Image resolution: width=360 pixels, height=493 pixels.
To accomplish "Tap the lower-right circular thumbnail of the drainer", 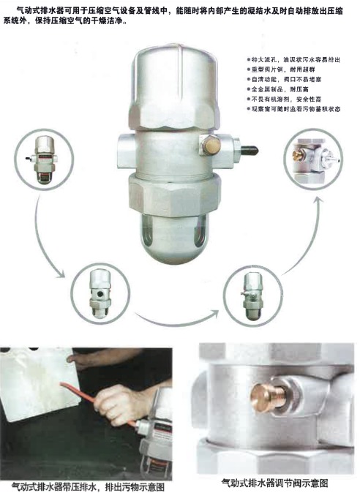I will click(252, 292).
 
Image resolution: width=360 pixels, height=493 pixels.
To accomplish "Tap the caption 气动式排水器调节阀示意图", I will click(274, 483).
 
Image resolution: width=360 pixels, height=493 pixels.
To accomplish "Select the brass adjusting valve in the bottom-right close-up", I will click(264, 398).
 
